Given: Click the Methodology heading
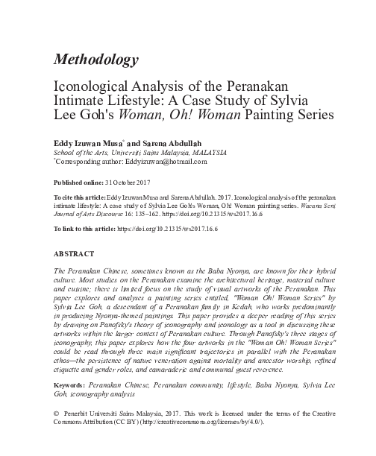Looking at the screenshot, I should (96, 59).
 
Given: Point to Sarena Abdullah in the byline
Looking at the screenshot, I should (161, 142).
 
